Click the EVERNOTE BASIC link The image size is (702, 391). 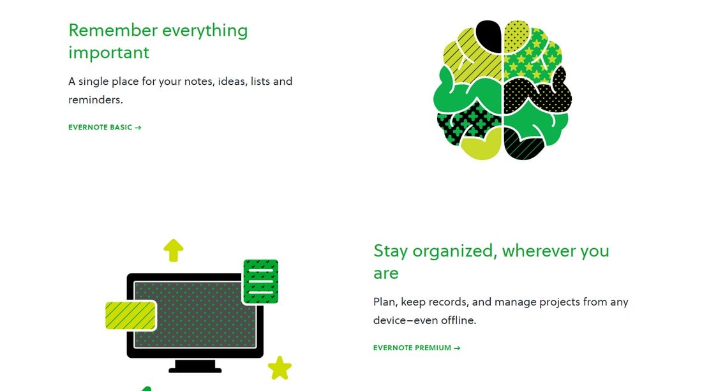point(105,128)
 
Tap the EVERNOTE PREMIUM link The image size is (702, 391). point(417,348)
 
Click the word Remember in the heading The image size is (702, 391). point(113,31)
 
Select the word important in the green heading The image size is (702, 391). point(108,53)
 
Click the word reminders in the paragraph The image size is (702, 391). point(95,100)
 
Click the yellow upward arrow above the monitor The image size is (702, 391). point(173,250)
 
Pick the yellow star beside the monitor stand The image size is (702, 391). point(280,368)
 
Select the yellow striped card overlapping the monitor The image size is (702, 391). point(130,315)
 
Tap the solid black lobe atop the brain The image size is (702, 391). point(488,36)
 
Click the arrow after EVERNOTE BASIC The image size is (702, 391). point(138,128)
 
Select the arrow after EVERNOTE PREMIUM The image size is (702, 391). point(457,348)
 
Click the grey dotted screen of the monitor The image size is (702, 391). point(195,314)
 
